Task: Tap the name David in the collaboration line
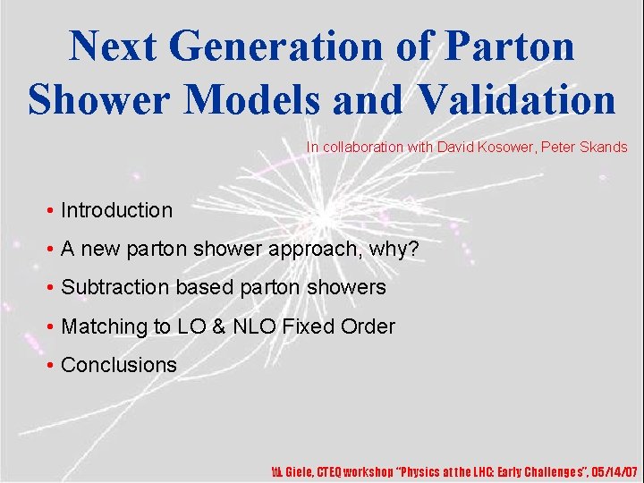(458, 147)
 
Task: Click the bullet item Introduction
(116, 211)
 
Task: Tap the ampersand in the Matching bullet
(217, 326)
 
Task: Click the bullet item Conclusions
(119, 365)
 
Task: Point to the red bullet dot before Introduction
(51, 212)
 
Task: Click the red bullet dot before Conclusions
(51, 366)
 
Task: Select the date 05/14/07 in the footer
(614, 471)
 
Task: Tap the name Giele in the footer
(294, 471)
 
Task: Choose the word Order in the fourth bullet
(368, 326)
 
